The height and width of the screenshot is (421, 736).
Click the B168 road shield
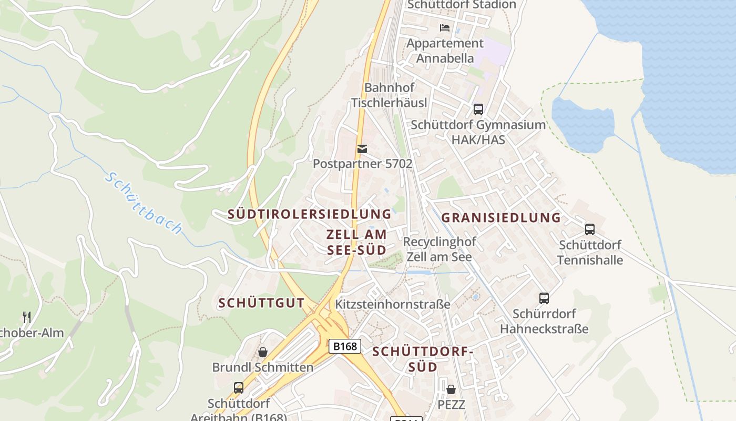tap(345, 346)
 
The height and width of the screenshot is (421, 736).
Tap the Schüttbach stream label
tap(144, 203)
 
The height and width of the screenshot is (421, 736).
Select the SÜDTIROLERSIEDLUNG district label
tap(310, 214)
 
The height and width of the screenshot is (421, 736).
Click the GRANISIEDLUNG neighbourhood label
tap(501, 217)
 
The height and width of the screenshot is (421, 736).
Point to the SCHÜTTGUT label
tap(261, 303)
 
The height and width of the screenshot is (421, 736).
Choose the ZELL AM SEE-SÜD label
tap(356, 242)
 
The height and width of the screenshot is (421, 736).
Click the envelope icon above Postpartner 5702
tap(362, 149)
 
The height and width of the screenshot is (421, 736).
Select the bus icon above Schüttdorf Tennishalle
tap(590, 229)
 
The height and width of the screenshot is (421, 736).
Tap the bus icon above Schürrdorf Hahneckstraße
tap(544, 298)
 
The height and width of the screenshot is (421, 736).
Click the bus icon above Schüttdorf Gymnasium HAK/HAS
tap(478, 109)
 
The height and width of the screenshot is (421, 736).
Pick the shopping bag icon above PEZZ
tap(451, 389)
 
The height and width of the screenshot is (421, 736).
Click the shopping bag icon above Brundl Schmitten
tap(262, 352)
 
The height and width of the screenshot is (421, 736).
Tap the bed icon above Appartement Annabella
tap(445, 27)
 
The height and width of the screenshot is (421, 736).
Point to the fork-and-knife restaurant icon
tap(27, 317)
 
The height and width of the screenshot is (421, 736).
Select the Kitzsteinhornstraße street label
tap(393, 304)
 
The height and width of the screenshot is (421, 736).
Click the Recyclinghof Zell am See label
tap(439, 249)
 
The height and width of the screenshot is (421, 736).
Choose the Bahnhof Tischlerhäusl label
tap(389, 95)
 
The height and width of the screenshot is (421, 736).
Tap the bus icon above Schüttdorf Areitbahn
tap(239, 388)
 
